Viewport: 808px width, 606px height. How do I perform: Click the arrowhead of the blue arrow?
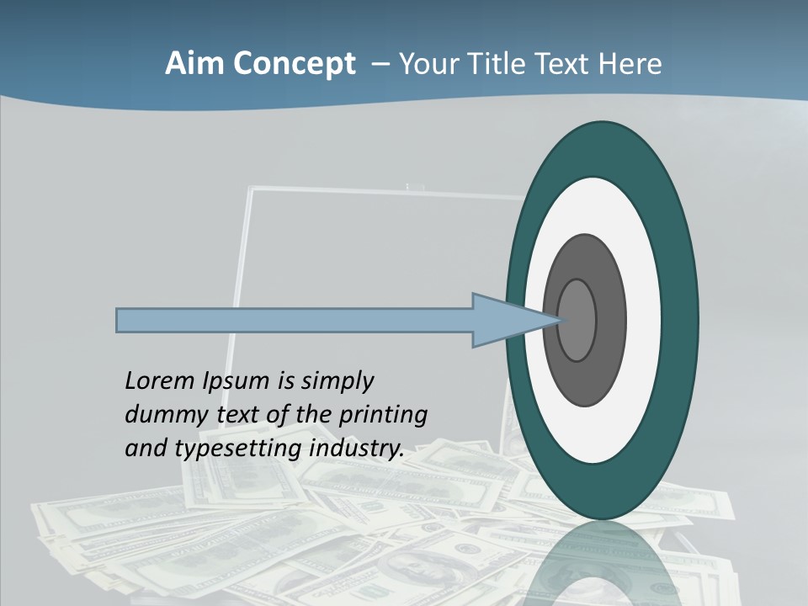coord(513,321)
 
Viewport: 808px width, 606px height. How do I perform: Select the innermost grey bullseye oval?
coord(577,321)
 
